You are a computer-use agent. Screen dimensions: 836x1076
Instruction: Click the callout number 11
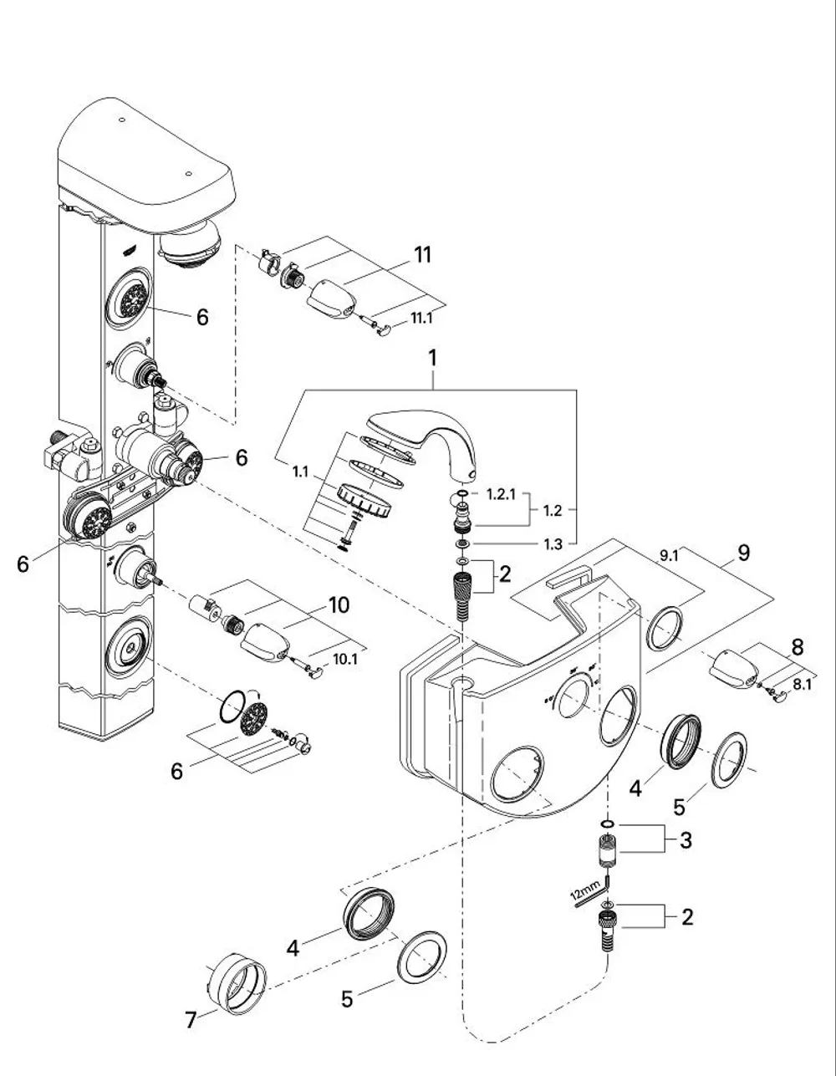point(422,255)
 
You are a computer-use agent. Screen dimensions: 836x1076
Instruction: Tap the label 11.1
point(421,318)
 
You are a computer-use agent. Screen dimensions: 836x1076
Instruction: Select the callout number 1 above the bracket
point(433,358)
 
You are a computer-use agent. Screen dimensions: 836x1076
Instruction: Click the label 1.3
point(553,544)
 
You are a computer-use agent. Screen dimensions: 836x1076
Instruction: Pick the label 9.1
point(669,556)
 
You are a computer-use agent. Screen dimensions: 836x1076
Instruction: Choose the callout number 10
point(339,605)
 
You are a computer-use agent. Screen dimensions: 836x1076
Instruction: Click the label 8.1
point(802,685)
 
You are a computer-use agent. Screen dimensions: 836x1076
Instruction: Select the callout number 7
point(191,1020)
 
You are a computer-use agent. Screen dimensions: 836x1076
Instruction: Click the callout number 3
point(686,840)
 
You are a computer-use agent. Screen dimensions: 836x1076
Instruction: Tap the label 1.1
point(300,472)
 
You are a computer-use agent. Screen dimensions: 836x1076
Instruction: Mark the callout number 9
point(744,553)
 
